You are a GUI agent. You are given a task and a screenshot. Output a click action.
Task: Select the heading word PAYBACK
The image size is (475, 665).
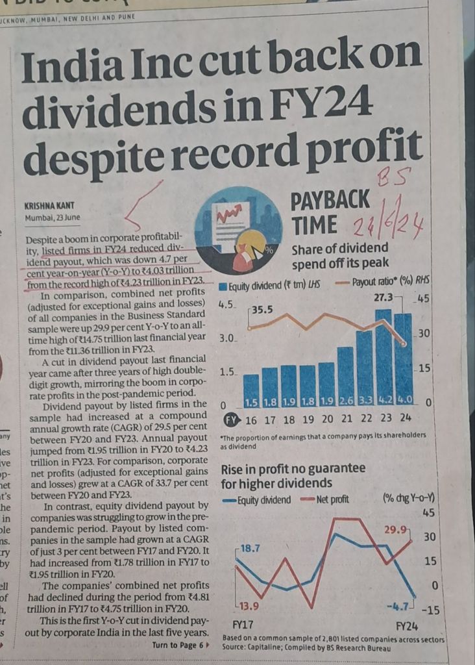[330, 199]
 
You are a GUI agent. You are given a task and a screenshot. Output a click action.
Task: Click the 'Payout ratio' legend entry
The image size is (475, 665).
[379, 283]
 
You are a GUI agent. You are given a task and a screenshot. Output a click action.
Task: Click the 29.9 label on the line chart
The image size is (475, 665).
[396, 529]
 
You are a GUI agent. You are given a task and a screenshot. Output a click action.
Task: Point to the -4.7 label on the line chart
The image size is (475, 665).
[398, 607]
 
